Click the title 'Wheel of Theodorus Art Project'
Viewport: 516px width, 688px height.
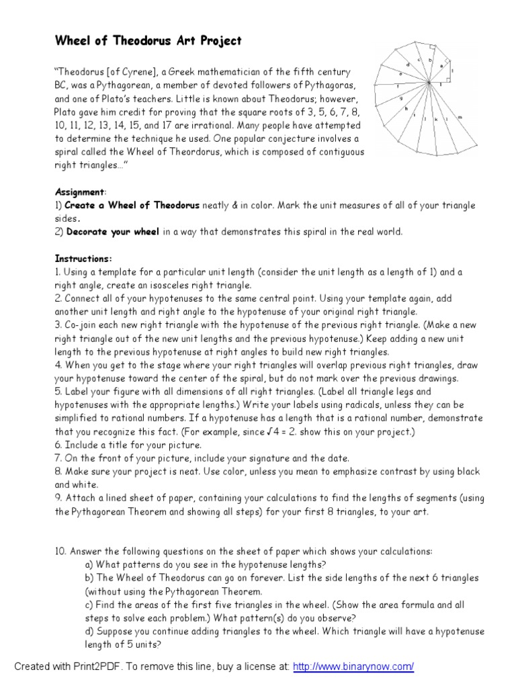(x=148, y=41)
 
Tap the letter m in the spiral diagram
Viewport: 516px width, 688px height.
(x=460, y=118)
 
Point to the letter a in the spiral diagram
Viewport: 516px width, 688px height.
(x=441, y=66)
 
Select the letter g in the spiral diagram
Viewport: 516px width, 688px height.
(x=400, y=99)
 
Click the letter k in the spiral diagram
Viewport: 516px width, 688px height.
(x=436, y=119)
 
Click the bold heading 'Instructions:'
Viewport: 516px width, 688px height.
(x=83, y=258)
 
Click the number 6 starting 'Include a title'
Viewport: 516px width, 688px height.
(x=57, y=445)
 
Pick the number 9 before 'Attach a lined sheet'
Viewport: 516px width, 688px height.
(x=57, y=498)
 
